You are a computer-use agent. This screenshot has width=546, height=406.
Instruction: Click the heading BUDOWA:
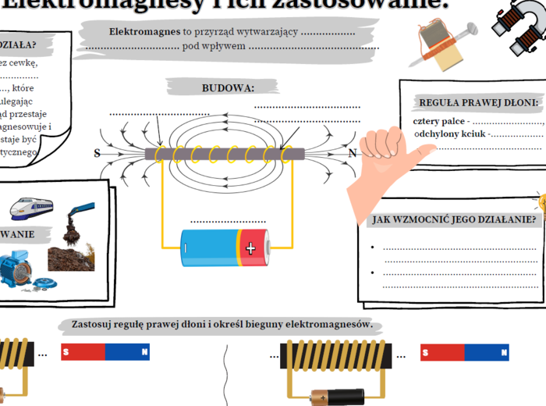tap(228, 87)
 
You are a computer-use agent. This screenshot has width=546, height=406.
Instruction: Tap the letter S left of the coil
tap(97, 153)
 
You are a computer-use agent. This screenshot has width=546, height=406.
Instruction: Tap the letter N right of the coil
tap(353, 153)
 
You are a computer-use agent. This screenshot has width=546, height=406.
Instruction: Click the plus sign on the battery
tap(250, 248)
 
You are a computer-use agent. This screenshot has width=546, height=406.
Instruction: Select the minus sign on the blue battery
tap(186, 248)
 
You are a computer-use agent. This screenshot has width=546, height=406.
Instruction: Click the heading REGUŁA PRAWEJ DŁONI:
tap(478, 102)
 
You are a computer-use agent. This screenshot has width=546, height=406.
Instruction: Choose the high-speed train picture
tap(31, 208)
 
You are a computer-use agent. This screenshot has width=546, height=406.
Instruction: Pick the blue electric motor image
tap(21, 273)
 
